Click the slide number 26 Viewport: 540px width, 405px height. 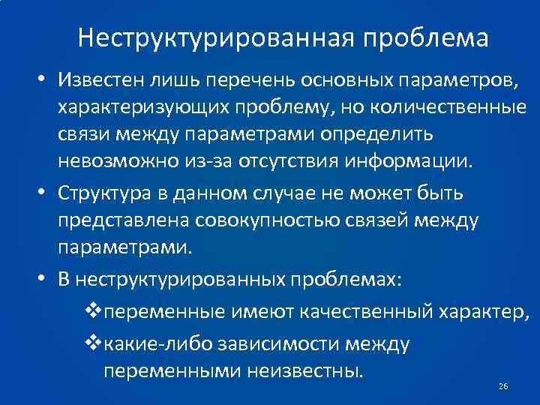coord(503,386)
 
